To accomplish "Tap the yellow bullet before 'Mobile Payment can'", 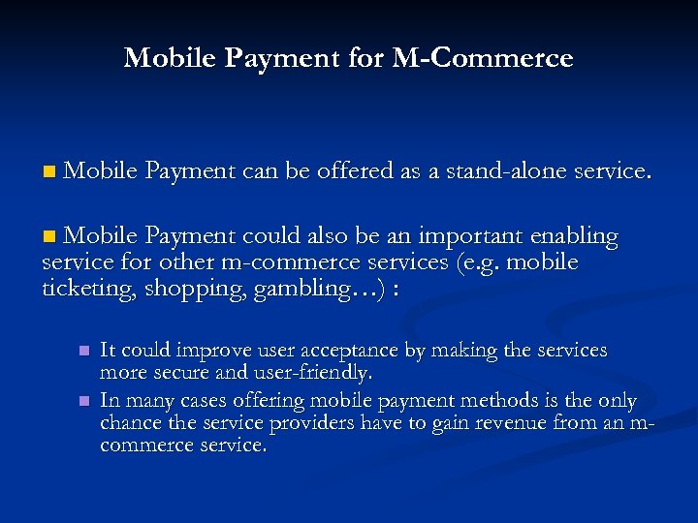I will click(x=49, y=172).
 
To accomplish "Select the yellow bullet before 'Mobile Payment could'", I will click(x=49, y=236).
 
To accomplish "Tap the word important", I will click(x=461, y=236).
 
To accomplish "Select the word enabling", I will click(x=578, y=236).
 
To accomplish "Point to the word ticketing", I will click(x=89, y=289).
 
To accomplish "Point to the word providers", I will click(x=310, y=423).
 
